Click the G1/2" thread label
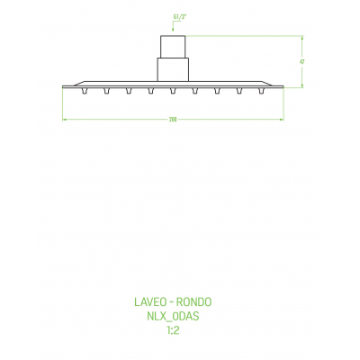pyautogui.click(x=174, y=15)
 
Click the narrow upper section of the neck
pyautogui.click(x=173, y=47)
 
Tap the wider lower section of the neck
pyautogui.click(x=173, y=69)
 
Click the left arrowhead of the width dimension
pyautogui.click(x=63, y=121)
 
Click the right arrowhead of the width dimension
pyautogui.click(x=283, y=121)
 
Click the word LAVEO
pyautogui.click(x=147, y=303)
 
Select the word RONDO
pyautogui.click(x=195, y=303)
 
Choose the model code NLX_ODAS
pyautogui.click(x=173, y=317)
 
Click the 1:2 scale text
pyautogui.click(x=173, y=330)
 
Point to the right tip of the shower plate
pyautogui.click(x=284, y=85)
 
